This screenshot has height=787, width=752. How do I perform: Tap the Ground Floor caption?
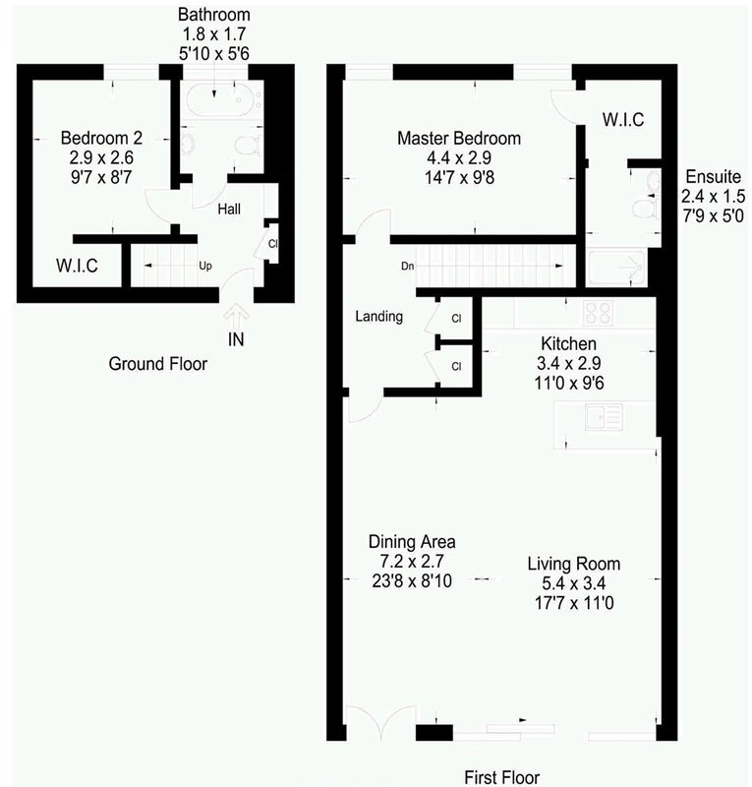click(x=157, y=364)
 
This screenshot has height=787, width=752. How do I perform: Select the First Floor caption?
click(x=501, y=777)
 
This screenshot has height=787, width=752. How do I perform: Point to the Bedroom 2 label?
click(x=101, y=138)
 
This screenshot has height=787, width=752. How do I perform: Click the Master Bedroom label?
click(x=459, y=138)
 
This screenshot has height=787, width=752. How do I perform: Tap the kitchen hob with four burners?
click(x=598, y=312)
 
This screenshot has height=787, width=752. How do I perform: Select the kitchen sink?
click(x=604, y=416)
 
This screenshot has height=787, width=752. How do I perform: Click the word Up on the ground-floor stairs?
click(x=205, y=266)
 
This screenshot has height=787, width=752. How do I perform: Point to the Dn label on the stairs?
click(x=407, y=266)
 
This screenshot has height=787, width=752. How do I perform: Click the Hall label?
click(x=229, y=209)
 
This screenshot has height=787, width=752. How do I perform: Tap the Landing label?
click(x=378, y=316)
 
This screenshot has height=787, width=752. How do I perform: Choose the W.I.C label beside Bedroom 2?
click(x=77, y=266)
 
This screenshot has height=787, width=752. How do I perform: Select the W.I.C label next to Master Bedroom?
click(x=623, y=119)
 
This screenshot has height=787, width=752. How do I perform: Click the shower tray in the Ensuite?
click(x=616, y=267)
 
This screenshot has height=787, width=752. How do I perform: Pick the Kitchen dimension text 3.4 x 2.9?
click(x=568, y=363)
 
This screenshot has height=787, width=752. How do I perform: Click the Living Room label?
click(x=573, y=564)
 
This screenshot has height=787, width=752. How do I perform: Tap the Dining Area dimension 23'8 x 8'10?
click(x=412, y=580)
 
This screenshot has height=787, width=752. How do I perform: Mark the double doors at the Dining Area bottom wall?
click(x=381, y=721)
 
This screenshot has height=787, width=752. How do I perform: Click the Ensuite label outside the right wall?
click(x=713, y=177)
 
